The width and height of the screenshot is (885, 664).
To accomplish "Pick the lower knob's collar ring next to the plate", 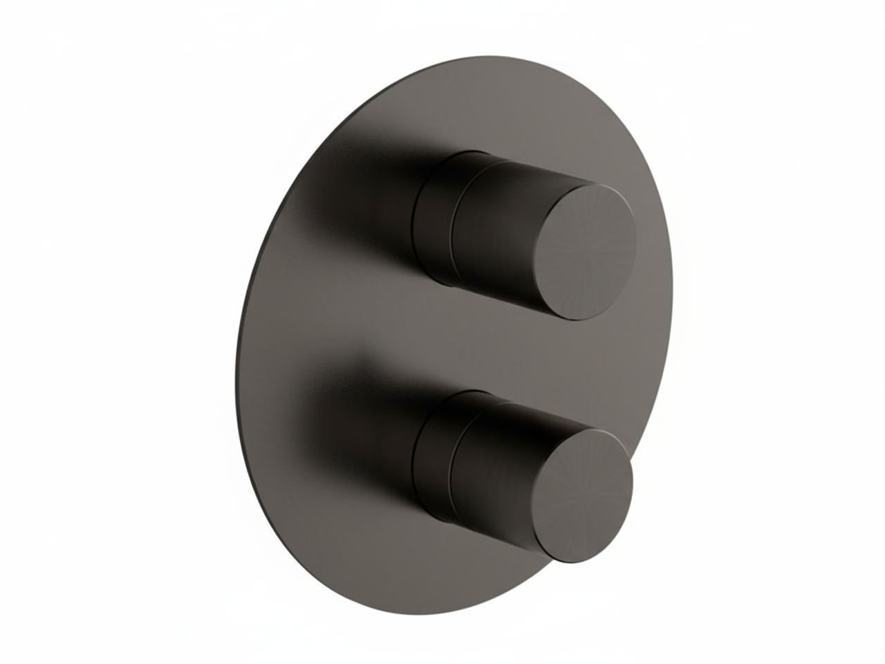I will pyautogui.click(x=432, y=456).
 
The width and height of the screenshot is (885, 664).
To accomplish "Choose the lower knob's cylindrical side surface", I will pyautogui.click(x=501, y=470).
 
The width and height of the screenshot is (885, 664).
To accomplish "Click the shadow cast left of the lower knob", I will pyautogui.click(x=360, y=429).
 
